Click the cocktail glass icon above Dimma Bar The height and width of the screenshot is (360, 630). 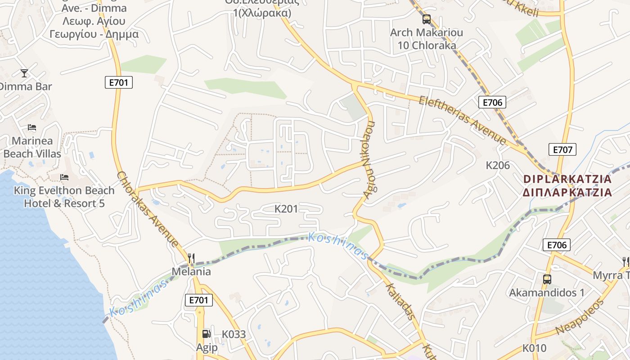[24, 73]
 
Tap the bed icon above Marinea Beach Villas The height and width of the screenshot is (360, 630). [31, 127]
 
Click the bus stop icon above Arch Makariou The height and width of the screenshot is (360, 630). [426, 19]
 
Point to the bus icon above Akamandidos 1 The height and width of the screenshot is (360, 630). [547, 279]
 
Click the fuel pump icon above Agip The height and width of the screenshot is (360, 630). [206, 333]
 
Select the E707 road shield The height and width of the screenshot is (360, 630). [562, 149]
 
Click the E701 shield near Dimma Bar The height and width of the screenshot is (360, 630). [119, 82]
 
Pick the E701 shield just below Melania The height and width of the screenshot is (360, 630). [198, 300]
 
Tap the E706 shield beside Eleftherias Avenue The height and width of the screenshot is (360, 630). [492, 102]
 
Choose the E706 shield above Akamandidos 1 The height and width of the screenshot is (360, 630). [557, 245]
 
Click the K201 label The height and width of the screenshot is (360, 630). [286, 209]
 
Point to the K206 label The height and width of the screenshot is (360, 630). [498, 165]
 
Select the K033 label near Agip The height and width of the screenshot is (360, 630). [234, 334]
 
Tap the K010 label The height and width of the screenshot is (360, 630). [534, 348]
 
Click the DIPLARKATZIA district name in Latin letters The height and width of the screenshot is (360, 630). [567, 179]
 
